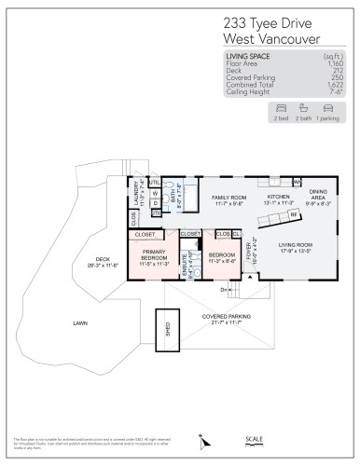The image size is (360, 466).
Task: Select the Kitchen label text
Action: point(280,198)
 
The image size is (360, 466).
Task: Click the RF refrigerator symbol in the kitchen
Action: point(294,213)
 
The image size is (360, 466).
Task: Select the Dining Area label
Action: point(318,191)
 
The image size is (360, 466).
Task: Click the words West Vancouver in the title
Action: point(270,38)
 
